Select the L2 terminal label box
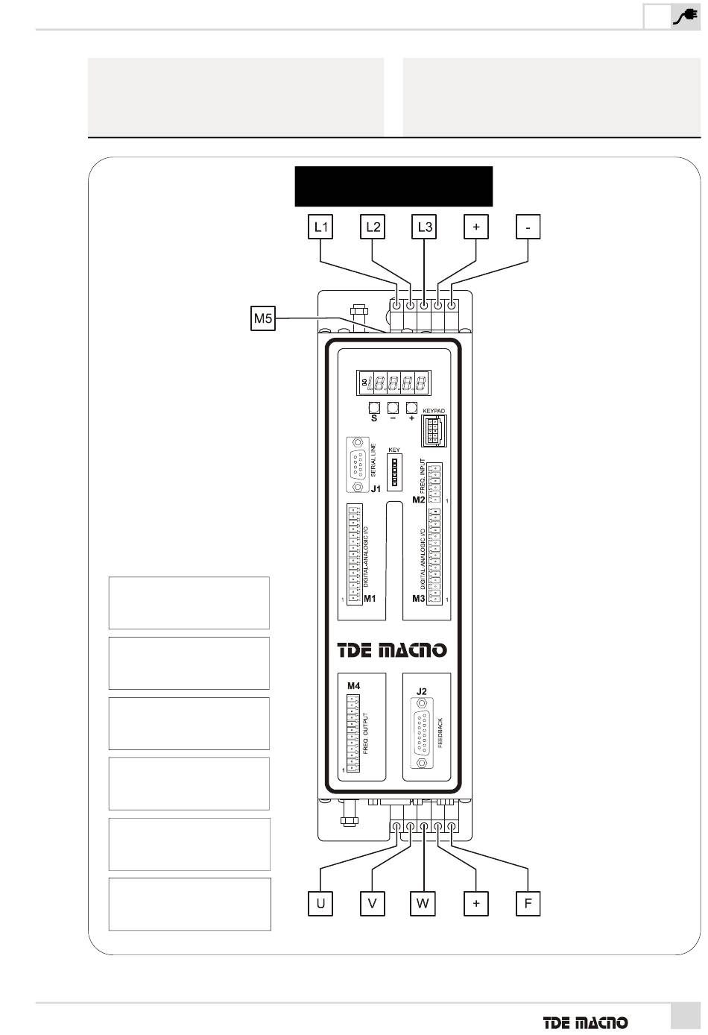pyautogui.click(x=372, y=227)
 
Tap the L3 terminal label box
pyautogui.click(x=424, y=227)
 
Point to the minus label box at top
pyautogui.click(x=528, y=227)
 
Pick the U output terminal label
pyautogui.click(x=320, y=904)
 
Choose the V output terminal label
pyautogui.click(x=372, y=904)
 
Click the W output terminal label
pyautogui.click(x=423, y=904)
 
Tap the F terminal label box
pyautogui.click(x=528, y=904)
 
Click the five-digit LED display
pyautogui.click(x=393, y=384)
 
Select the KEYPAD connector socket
pyautogui.click(x=433, y=430)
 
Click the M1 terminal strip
pyautogui.click(x=355, y=554)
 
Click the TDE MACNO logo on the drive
pyautogui.click(x=392, y=650)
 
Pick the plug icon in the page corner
pyautogui.click(x=684, y=16)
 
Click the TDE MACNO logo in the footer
pyautogui.click(x=584, y=1022)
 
